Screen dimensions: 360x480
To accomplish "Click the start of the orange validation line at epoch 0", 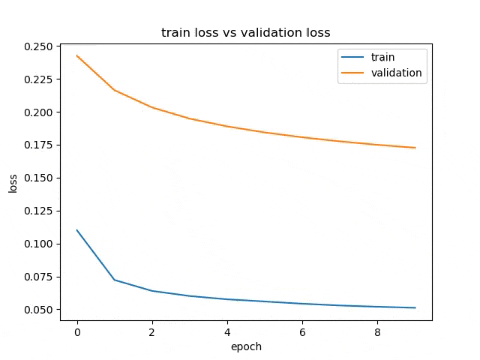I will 77,56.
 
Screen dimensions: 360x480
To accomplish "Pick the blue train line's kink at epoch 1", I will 114,280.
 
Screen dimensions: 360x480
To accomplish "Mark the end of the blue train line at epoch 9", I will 415,308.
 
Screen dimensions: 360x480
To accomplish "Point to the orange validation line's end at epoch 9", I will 415,148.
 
